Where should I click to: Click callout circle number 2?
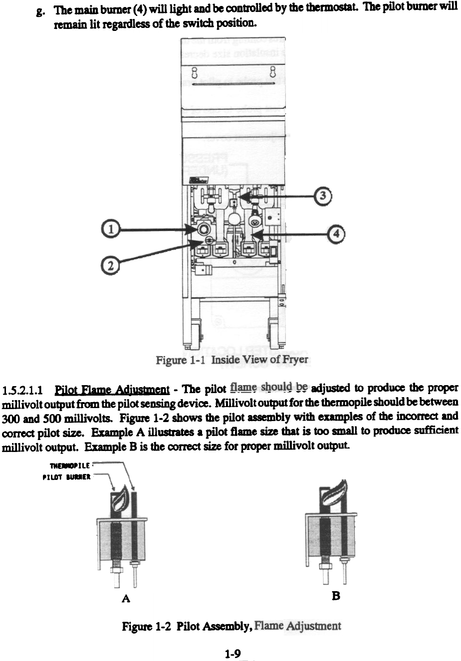(x=113, y=264)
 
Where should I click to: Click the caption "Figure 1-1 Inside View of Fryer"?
(x=232, y=360)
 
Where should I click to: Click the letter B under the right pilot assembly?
(x=336, y=596)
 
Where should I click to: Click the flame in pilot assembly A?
(x=120, y=499)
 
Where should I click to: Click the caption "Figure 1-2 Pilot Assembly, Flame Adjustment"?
(x=231, y=626)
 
